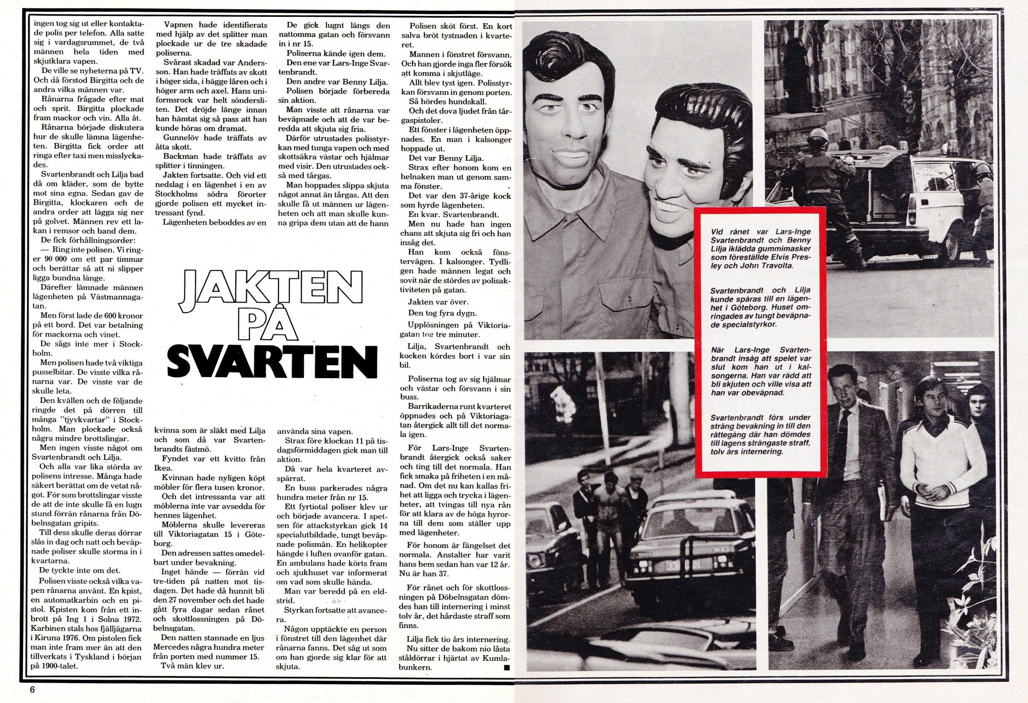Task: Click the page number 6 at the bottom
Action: point(32,689)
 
